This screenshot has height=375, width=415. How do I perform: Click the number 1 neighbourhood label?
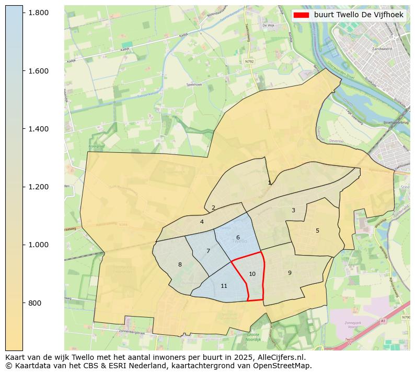[x=269, y=183]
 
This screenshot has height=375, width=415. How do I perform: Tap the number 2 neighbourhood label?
[x=213, y=208]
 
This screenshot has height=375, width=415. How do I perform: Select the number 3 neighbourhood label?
[x=293, y=211]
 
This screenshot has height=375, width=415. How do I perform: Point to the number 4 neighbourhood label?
[x=202, y=222]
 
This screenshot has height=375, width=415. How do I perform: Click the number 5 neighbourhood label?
[x=317, y=231]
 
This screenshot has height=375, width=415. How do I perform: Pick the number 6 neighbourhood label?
[x=238, y=238]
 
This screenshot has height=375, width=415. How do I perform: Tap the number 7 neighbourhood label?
[x=208, y=251]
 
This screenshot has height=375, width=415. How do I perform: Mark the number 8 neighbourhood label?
[x=180, y=265]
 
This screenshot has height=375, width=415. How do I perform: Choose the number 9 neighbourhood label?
[x=290, y=273]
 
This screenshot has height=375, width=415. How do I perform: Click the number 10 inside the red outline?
[x=252, y=274]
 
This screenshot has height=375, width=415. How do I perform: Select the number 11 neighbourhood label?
[x=224, y=286]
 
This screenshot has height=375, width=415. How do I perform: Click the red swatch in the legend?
[x=302, y=15]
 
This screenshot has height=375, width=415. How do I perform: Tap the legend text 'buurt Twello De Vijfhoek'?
[x=359, y=15]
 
